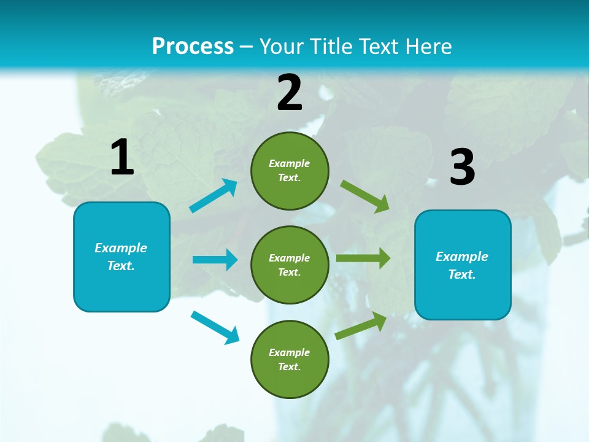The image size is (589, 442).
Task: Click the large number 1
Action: pyautogui.click(x=122, y=158)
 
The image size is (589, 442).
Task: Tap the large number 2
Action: pyautogui.click(x=290, y=93)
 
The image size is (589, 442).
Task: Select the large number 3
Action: pyautogui.click(x=462, y=168)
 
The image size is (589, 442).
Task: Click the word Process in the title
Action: pyautogui.click(x=193, y=46)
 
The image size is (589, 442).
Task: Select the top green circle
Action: pyautogui.click(x=290, y=171)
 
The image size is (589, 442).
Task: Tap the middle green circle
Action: pyautogui.click(x=290, y=265)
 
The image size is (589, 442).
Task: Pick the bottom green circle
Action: pyautogui.click(x=290, y=359)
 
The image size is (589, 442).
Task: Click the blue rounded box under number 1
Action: pyautogui.click(x=121, y=257)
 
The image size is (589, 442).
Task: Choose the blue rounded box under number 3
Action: pyautogui.click(x=463, y=265)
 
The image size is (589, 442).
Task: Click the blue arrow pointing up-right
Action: pyautogui.click(x=214, y=196)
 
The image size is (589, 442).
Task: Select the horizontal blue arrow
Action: pyautogui.click(x=215, y=260)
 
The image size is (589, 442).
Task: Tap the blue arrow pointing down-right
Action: pyautogui.click(x=215, y=327)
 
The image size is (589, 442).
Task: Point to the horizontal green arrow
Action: pyautogui.click(x=363, y=258)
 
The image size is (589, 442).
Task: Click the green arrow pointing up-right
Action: pyautogui.click(x=361, y=326)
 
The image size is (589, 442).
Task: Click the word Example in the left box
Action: pyautogui.click(x=121, y=248)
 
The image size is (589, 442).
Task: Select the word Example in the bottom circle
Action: pyautogui.click(x=290, y=352)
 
